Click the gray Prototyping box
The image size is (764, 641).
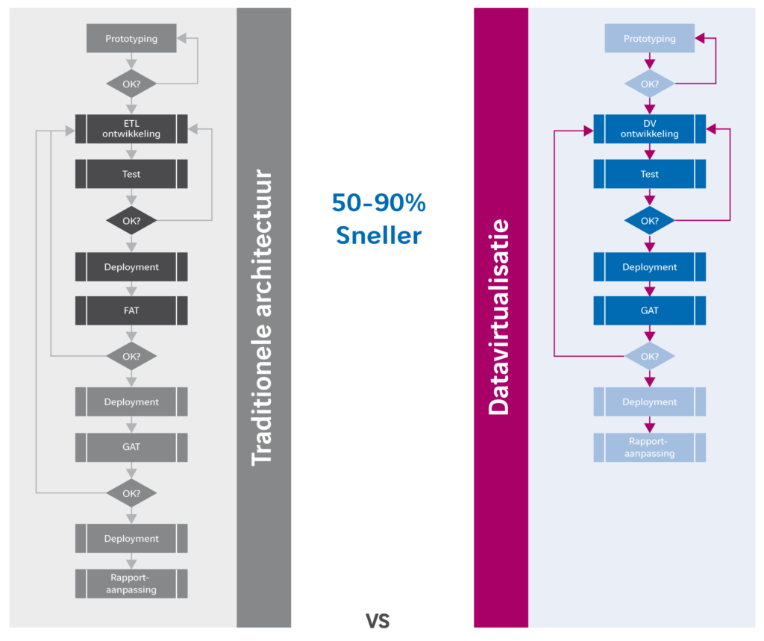[x=131, y=39]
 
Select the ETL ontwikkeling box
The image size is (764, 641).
[x=131, y=128]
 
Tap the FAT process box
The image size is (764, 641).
[x=131, y=310]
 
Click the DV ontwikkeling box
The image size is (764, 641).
[x=649, y=128]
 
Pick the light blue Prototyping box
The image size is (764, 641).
[x=649, y=39]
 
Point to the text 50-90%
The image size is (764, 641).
[x=378, y=203]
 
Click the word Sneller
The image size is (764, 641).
[x=378, y=236]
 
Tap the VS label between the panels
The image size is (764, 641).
[x=378, y=621]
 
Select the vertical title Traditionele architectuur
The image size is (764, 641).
[x=263, y=317]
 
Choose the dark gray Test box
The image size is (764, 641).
[x=131, y=174]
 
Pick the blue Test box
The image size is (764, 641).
[x=649, y=174]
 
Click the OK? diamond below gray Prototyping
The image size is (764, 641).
[x=131, y=84]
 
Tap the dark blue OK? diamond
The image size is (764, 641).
[x=649, y=221]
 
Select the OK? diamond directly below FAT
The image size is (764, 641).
[x=131, y=356]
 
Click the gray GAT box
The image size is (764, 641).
[x=131, y=448]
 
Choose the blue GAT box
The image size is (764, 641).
[x=649, y=310]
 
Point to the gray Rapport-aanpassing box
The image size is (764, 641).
[x=131, y=584]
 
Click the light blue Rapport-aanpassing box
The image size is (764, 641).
[x=649, y=447]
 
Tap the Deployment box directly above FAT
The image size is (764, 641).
[x=131, y=266]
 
